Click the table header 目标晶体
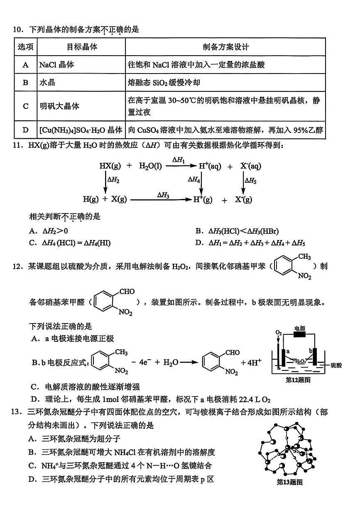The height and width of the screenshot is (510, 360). pyautogui.click(x=82, y=47)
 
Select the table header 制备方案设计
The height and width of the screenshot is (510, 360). pyautogui.click(x=225, y=47)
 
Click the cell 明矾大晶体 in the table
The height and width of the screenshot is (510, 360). pyautogui.click(x=59, y=106)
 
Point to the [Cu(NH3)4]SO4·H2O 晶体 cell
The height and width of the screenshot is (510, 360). pyautogui.click(x=81, y=130)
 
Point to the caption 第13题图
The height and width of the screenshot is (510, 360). pyautogui.click(x=289, y=482)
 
